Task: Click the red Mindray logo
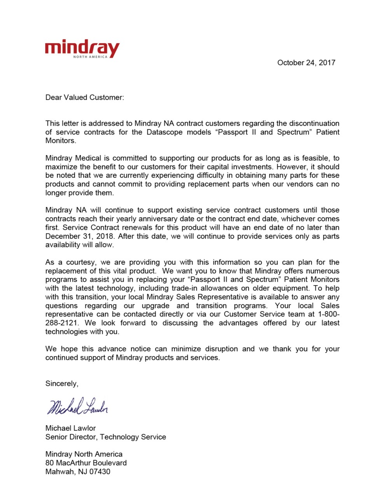[82, 48]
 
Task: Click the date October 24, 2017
[306, 63]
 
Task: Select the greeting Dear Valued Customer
[84, 97]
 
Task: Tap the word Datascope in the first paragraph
[165, 132]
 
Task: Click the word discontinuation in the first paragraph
[314, 123]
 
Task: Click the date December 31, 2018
[80, 236]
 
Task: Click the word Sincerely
[61, 384]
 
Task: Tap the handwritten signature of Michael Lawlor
[77, 407]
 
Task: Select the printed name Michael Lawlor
[70, 428]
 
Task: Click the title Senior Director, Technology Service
[105, 437]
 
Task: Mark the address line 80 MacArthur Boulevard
[86, 463]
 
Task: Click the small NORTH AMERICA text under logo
[90, 57]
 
